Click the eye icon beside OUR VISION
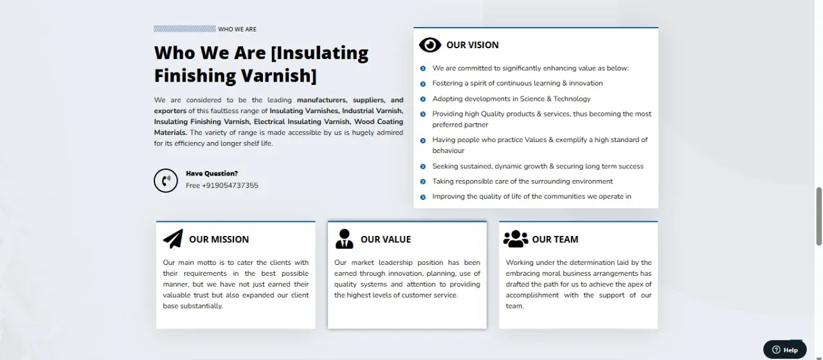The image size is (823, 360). [x=430, y=45]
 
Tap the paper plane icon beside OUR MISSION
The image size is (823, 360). [x=173, y=239]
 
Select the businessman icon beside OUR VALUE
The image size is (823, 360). [x=344, y=239]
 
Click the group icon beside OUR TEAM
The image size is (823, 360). [x=516, y=239]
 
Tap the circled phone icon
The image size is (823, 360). [x=166, y=181]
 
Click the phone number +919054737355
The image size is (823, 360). [x=230, y=186]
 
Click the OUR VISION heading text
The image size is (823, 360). [x=473, y=45]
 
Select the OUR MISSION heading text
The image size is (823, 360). [x=219, y=240]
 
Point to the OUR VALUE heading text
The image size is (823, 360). [x=386, y=240]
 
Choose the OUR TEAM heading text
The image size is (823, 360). [x=555, y=240]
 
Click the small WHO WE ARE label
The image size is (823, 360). [x=237, y=30]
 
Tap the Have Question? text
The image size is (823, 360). [x=212, y=174]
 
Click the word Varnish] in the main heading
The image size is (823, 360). [x=278, y=76]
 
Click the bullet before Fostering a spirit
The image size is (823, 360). [x=423, y=84]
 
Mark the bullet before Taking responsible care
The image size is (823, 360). [x=423, y=182]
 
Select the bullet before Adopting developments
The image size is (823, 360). [x=423, y=99]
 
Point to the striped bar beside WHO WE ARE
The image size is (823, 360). [x=185, y=29]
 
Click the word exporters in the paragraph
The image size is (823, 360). [x=170, y=111]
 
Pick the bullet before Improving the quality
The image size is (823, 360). [x=423, y=197]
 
